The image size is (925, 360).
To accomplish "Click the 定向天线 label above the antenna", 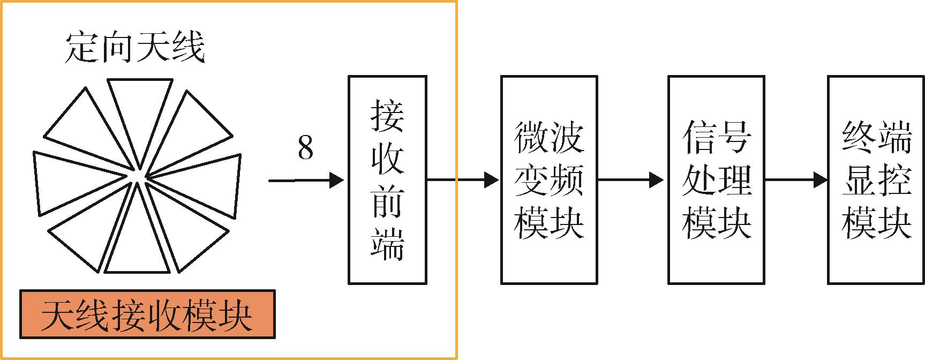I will pos(135,49).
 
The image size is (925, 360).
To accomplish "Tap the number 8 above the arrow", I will pos(305,148).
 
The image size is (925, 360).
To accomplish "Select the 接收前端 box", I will pos(387,180).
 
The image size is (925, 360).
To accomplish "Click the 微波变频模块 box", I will pos(549,180).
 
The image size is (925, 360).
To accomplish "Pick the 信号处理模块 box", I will pos(716,180).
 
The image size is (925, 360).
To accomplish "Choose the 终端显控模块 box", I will pos(876,180).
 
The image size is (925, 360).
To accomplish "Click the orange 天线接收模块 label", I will pos(147,315).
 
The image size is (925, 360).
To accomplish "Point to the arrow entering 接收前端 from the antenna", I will pos(306,181).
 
